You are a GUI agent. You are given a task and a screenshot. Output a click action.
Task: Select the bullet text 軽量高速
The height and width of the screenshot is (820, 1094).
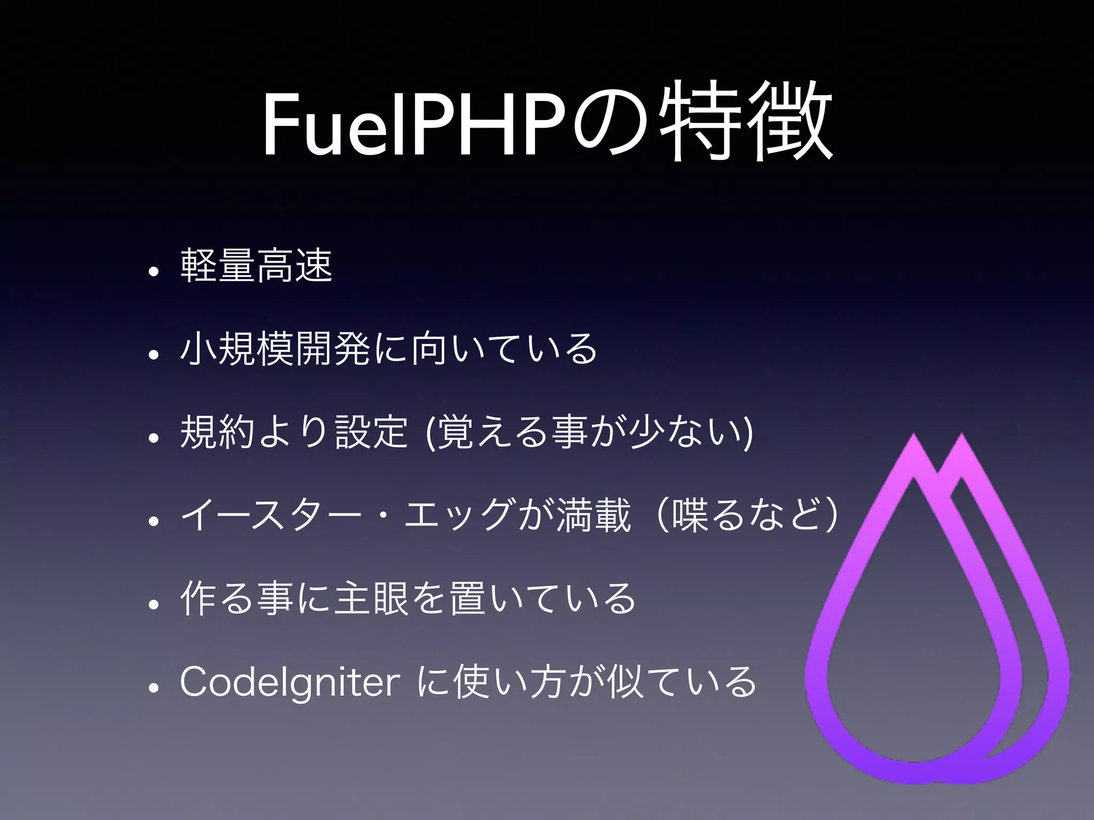257,265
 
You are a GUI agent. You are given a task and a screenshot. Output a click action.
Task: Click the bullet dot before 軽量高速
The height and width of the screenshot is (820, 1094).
154,272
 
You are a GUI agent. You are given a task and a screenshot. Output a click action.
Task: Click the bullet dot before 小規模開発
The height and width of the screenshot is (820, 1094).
154,356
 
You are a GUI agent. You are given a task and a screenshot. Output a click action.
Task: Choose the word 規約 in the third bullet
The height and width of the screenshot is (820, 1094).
217,432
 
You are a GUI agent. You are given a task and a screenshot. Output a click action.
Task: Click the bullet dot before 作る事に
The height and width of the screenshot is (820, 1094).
154,605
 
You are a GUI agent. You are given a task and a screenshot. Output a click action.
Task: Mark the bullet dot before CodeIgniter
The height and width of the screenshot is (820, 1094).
154,689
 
